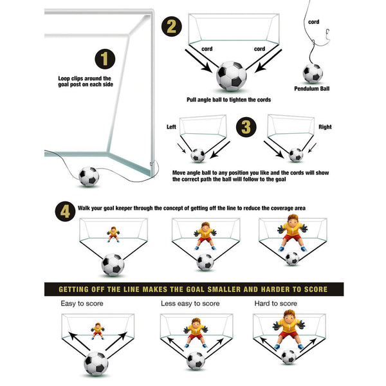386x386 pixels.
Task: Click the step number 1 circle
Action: click(x=106, y=60)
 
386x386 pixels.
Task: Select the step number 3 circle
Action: click(x=246, y=127)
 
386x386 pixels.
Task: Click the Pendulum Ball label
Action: click(x=312, y=89)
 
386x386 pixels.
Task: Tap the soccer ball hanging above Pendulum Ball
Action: click(x=313, y=73)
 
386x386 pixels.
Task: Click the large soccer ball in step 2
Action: click(x=231, y=76)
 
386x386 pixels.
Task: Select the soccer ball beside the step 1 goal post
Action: click(x=88, y=176)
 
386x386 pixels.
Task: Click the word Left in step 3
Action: click(x=171, y=127)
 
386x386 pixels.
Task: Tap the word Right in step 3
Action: click(x=325, y=127)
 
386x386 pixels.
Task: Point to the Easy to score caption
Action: click(x=82, y=303)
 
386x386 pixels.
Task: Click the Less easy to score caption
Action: click(x=191, y=303)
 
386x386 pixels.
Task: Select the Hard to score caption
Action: click(x=275, y=303)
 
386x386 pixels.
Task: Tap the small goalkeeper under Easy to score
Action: click(x=98, y=331)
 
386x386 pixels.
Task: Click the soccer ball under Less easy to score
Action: click(x=196, y=360)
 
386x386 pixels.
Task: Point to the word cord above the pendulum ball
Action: click(x=313, y=22)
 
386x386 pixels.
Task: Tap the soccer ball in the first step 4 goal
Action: click(x=113, y=264)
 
